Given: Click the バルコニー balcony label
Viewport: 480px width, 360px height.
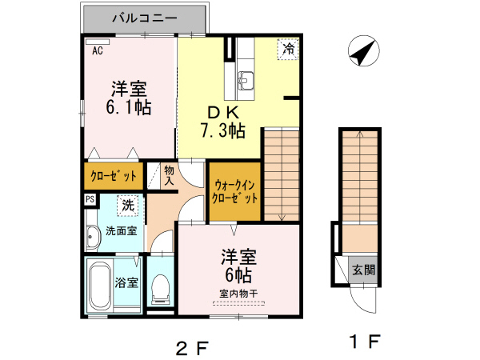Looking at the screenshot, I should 143,17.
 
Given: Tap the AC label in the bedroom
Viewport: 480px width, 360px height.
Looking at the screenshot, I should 98,50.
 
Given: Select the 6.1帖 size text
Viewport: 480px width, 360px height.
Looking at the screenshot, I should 127,106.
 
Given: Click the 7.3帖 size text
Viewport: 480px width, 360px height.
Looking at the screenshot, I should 222,130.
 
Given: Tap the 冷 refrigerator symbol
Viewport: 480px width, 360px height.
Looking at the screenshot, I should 289,48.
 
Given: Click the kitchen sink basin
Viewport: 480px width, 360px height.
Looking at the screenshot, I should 246,80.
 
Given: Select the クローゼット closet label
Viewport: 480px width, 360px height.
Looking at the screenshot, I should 112,176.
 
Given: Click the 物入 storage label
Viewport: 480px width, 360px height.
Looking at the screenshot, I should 169,176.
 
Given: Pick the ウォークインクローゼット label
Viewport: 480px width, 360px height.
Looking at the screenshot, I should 234,191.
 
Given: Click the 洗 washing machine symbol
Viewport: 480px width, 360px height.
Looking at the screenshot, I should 127,206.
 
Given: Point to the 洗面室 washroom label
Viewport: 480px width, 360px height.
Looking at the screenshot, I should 121,231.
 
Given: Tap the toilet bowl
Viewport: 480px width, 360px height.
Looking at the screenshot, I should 160,286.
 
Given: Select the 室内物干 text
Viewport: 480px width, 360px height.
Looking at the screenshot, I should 239,293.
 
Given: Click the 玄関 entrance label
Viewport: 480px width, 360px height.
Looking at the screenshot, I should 363,270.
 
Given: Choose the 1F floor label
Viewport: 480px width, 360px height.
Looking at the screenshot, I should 364,342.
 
